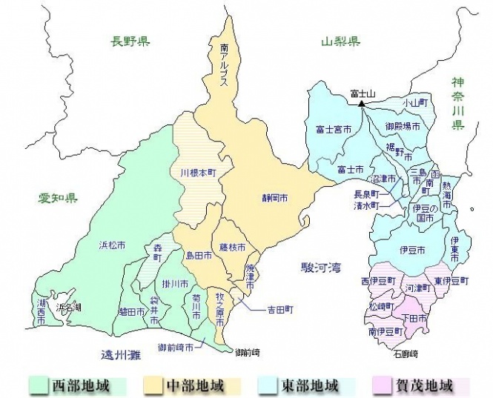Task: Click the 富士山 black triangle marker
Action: point(361,104)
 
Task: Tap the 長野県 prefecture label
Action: point(130,42)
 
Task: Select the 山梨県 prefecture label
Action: point(340,42)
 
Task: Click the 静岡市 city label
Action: point(274,199)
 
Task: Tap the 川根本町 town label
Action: point(197,172)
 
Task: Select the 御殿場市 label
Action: point(403,127)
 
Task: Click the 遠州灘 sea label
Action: point(122,354)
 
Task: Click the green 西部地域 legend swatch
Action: point(38,385)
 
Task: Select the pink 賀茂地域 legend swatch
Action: point(380,385)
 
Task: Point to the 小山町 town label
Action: point(416,102)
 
